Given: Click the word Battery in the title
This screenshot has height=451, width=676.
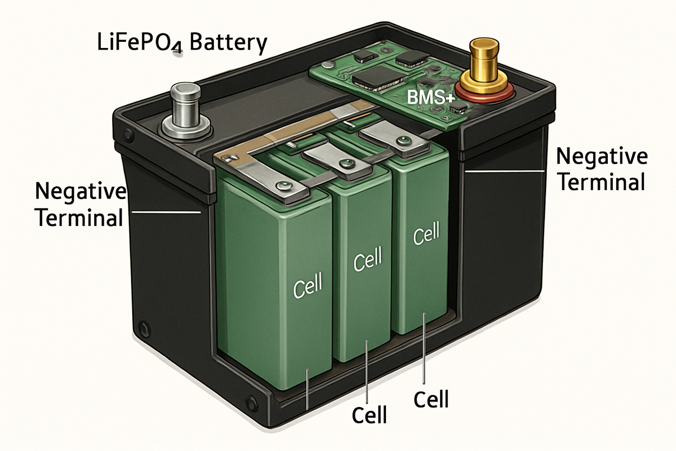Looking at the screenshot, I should (228, 43).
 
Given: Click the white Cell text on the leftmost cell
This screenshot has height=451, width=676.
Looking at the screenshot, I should (308, 285).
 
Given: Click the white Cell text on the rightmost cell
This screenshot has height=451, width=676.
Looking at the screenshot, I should (425, 236).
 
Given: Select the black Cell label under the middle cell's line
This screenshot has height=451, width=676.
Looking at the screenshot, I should (369, 415).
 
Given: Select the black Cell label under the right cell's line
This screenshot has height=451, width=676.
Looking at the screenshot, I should (431, 399).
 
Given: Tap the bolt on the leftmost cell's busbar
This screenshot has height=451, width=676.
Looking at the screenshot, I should (280, 185).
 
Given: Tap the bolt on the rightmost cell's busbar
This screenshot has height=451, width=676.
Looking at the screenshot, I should (401, 140).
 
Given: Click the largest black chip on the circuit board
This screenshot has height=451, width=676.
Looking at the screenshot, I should (368, 79).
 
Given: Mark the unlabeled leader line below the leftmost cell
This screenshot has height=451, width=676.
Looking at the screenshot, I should (307, 389).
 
